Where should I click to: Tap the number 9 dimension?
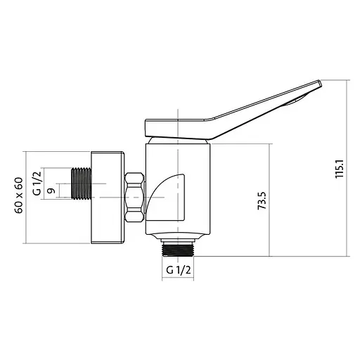pyautogui.click(x=49, y=191)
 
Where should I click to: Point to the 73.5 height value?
pyautogui.click(x=262, y=200)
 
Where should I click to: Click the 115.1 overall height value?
pyautogui.click(x=340, y=169)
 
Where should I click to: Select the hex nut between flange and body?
pyautogui.click(x=135, y=197)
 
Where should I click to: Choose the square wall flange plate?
pyautogui.click(x=107, y=197)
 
